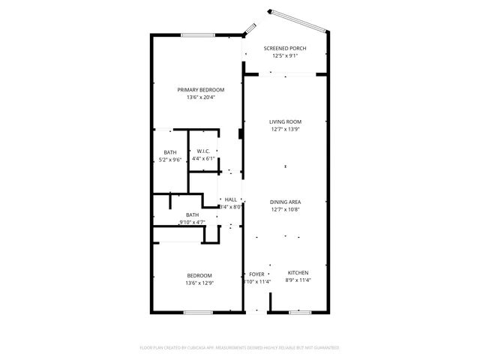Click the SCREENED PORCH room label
point(285,48)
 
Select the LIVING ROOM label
point(285,121)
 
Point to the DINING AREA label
point(285,202)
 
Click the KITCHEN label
point(298,273)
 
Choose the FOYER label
point(256,274)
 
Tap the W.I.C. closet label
point(202,151)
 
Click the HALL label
point(231,199)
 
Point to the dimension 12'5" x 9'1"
point(285,55)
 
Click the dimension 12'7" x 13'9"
point(285,129)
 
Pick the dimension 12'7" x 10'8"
point(285,209)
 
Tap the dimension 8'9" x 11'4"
point(298,280)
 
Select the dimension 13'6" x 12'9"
point(199,283)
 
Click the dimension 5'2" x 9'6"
point(170,160)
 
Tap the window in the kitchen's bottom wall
point(300,312)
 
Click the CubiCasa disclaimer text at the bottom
point(240,348)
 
